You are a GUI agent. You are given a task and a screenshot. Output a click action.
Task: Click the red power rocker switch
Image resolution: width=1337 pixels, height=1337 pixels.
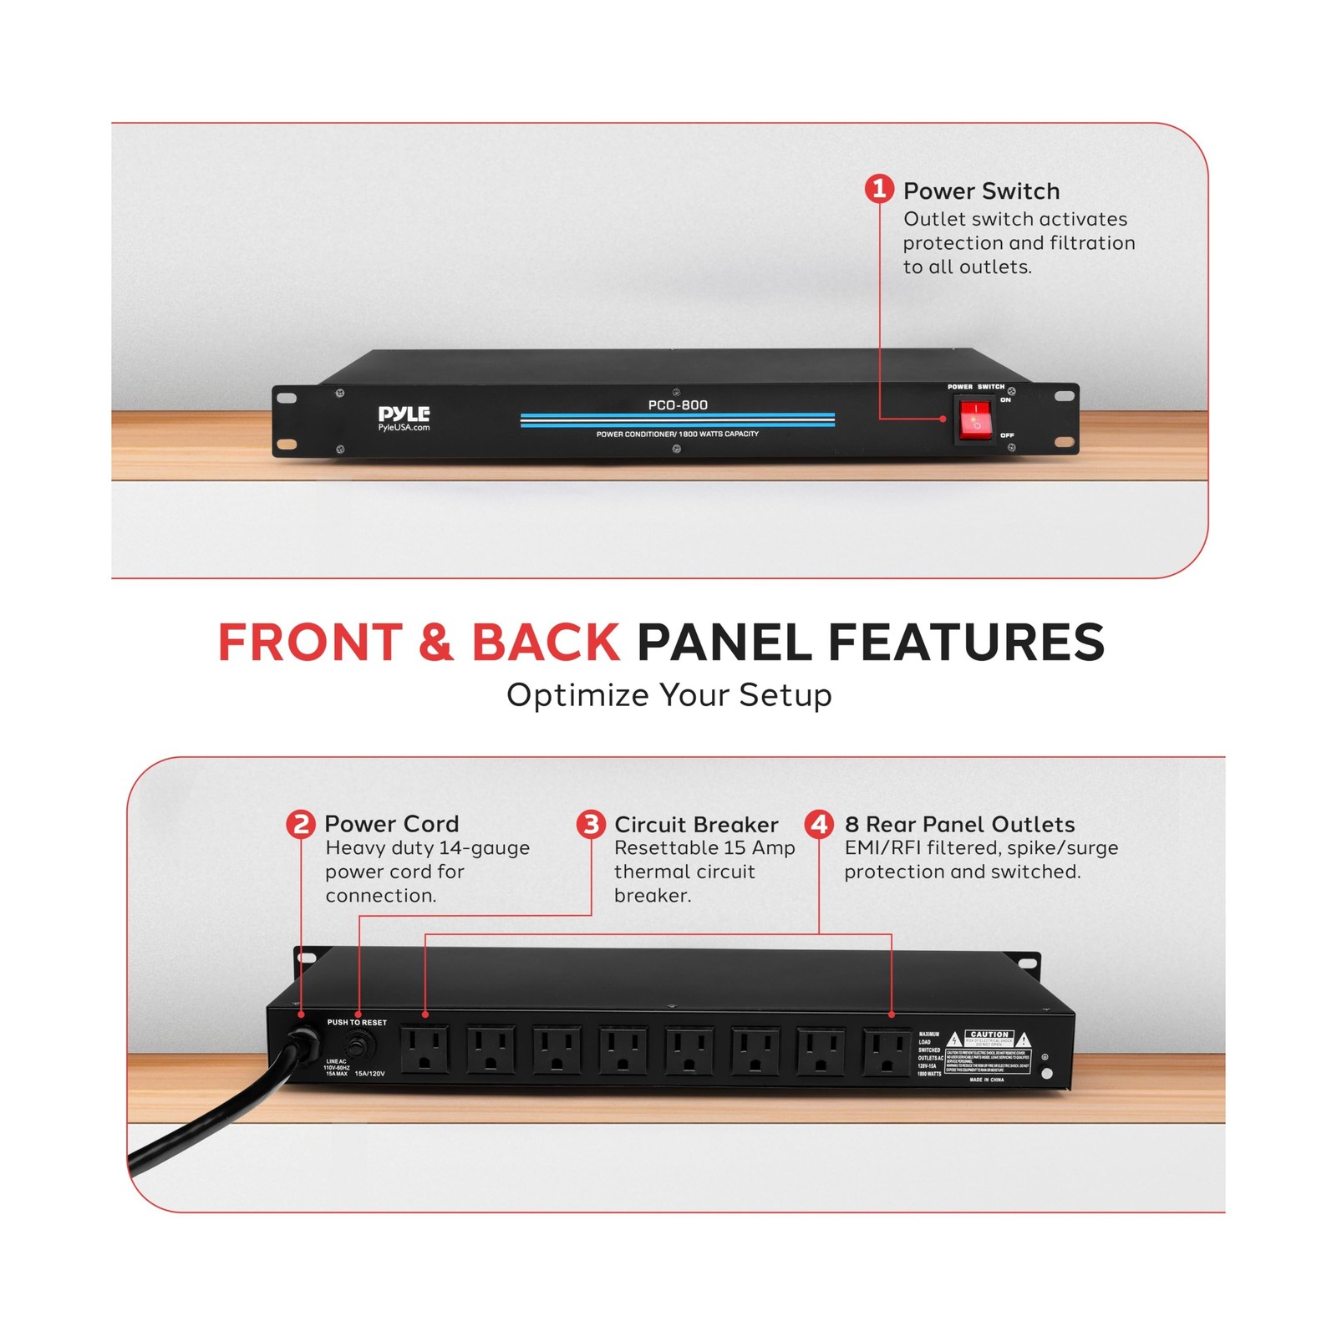coord(974,419)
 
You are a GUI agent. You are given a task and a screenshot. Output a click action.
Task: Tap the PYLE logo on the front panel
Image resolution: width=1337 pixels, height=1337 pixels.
coord(404,413)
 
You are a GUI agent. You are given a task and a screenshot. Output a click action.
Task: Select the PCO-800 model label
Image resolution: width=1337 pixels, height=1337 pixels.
coord(678,405)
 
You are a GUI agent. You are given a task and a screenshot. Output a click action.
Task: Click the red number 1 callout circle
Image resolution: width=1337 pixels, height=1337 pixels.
coord(878,189)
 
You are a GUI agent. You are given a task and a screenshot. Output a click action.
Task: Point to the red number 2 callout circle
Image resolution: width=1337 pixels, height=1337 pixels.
coord(300,824)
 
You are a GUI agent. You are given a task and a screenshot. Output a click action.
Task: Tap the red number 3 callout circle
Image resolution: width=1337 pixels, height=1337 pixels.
coord(591,825)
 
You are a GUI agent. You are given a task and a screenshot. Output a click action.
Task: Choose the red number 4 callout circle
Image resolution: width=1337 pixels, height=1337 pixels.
coord(819,825)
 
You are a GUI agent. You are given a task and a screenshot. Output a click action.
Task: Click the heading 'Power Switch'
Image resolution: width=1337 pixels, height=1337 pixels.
coord(981,191)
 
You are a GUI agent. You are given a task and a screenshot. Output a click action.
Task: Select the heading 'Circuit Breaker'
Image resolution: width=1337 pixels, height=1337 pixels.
coord(696,825)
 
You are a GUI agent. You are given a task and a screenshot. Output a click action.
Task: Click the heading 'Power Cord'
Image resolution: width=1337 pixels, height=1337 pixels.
coord(391,824)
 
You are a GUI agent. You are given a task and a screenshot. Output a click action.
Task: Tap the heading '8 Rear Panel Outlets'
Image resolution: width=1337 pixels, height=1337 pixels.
coord(959,825)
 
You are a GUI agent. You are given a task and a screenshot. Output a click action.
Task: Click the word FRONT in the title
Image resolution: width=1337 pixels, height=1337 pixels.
coord(310,643)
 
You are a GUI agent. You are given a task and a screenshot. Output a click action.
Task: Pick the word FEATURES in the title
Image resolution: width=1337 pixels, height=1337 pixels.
coord(966,643)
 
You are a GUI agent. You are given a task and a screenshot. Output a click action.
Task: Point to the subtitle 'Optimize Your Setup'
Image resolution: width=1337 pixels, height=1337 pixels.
coord(668,695)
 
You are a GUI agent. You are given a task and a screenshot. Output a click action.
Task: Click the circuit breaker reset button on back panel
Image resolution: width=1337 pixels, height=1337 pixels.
coord(361,1045)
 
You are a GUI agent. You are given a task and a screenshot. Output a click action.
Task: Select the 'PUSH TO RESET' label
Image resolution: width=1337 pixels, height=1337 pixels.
coord(357,1022)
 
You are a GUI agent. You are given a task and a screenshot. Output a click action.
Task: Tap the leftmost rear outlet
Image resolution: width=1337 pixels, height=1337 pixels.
coord(425,1050)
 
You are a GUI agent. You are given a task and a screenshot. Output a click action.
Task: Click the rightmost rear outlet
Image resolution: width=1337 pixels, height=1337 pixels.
coord(887,1052)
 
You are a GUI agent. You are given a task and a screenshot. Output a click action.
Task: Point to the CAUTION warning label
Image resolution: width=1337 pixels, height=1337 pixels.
coord(989,1035)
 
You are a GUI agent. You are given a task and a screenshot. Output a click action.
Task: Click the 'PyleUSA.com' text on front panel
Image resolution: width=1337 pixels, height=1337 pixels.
coord(404,428)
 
